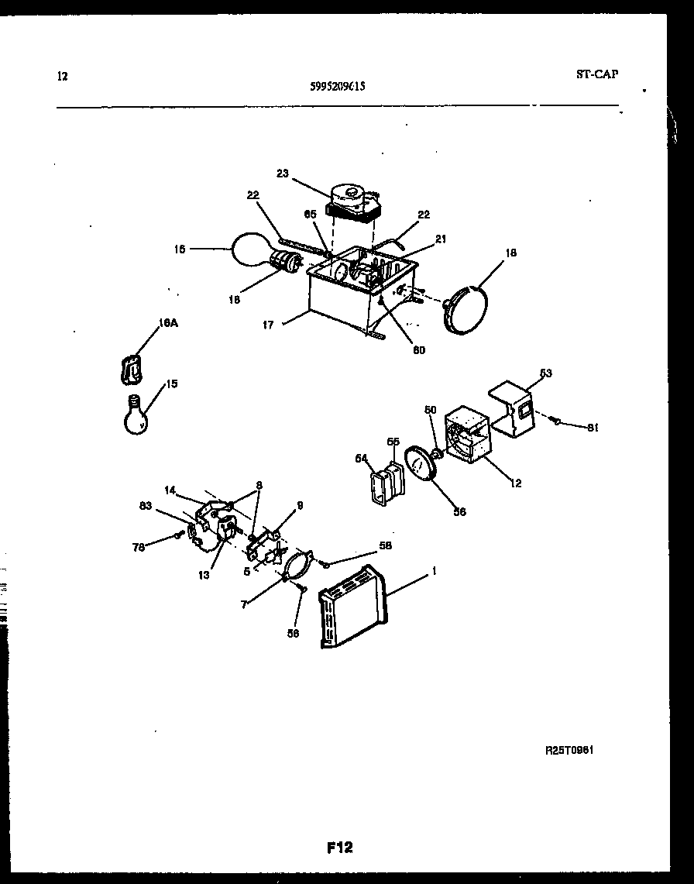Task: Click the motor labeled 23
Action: click(352, 201)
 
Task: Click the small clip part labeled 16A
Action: click(134, 368)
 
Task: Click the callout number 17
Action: click(268, 325)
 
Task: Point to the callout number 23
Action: click(282, 174)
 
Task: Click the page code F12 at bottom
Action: click(339, 848)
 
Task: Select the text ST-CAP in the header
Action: click(597, 75)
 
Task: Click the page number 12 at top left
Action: click(63, 77)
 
